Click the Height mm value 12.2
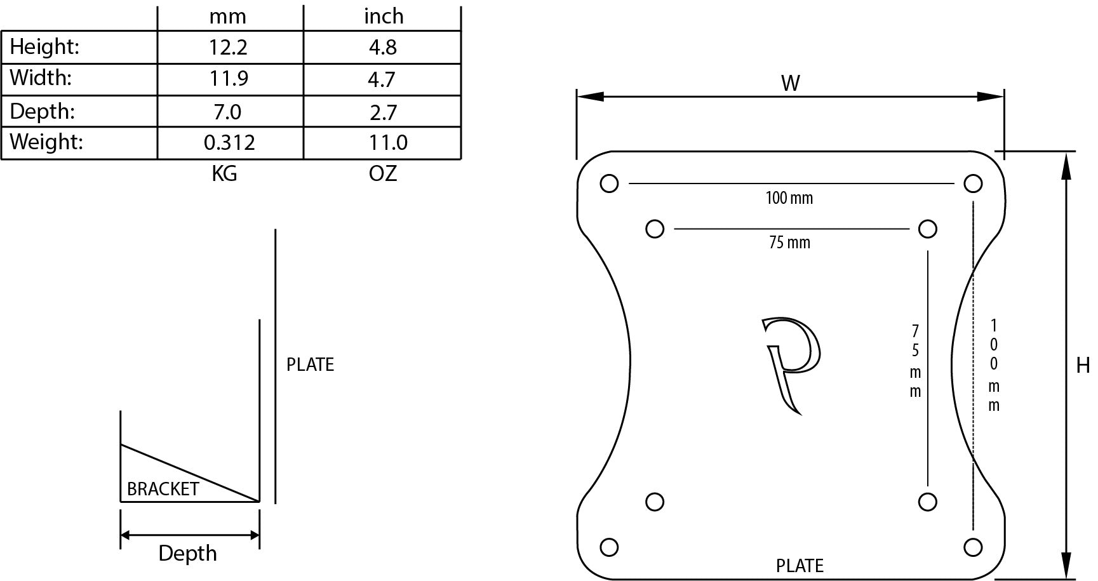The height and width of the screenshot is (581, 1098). coord(228,48)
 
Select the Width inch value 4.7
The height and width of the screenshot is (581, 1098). coord(382,79)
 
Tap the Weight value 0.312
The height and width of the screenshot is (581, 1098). coord(229,142)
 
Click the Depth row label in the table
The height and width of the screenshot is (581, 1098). coord(43,112)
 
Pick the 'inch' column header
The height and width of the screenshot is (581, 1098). coord(384,17)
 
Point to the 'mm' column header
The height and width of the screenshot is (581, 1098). coord(227,17)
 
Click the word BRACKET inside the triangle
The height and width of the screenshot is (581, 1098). coord(163,489)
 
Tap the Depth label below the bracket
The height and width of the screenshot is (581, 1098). coord(187,554)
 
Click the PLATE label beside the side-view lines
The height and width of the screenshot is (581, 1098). coord(310,364)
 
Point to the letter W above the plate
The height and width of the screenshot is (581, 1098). coord(790,83)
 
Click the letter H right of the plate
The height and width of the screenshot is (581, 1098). coord(1083,366)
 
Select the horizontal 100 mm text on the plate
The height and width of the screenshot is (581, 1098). coord(789,198)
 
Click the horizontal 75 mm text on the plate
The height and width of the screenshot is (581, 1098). coord(789,243)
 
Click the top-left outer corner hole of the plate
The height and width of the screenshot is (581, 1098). coord(609,184)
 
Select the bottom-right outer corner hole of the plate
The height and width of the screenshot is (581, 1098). coord(973,547)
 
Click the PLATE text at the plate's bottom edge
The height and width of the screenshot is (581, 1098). coord(800,566)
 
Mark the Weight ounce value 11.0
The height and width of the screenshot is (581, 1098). coord(388,142)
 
